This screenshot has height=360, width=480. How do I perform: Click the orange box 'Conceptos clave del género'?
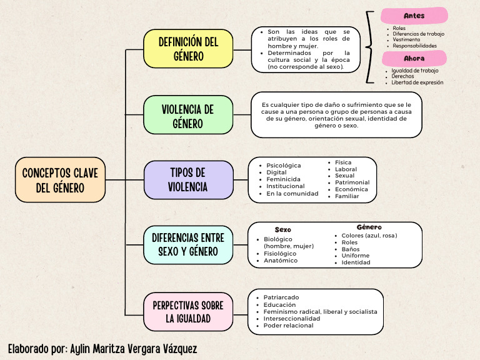[x=60, y=179]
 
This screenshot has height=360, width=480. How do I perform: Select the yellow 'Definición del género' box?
[x=188, y=49]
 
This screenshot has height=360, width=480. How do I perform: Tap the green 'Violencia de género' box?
[x=188, y=115]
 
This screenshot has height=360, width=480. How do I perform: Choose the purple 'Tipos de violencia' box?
[x=188, y=179]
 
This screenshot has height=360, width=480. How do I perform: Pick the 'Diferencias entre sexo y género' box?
[x=188, y=244]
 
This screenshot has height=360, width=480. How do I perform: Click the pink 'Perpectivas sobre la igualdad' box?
[x=188, y=311]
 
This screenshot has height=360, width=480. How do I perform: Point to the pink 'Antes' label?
[x=414, y=16]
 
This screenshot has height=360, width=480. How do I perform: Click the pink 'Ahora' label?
[x=414, y=58]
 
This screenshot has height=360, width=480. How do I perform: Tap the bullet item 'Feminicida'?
[x=283, y=179]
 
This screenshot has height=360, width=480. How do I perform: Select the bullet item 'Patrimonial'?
[x=352, y=182]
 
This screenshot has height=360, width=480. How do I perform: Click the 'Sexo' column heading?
[x=282, y=230]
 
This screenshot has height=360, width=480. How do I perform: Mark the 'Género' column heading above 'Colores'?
[x=369, y=227]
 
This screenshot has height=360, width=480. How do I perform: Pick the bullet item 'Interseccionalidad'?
[x=291, y=319]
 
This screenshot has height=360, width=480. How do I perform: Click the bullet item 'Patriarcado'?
[x=281, y=297]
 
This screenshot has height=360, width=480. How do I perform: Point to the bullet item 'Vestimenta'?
[x=406, y=39]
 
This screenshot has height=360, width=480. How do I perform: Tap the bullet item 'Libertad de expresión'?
[x=417, y=82]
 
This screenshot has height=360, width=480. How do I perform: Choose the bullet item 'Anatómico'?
[x=281, y=261]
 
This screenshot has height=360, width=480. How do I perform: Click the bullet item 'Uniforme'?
[x=355, y=256]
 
